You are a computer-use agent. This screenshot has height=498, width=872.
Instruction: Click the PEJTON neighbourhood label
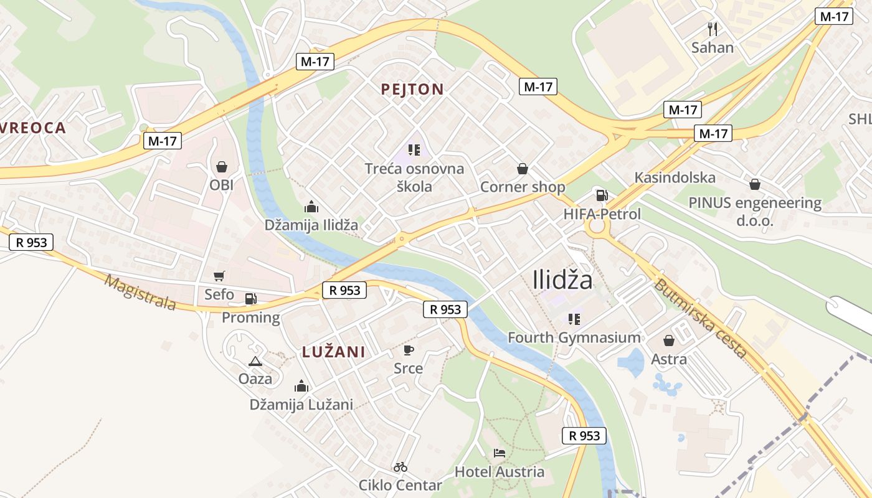412,90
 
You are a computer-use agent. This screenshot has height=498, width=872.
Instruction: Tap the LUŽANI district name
333,352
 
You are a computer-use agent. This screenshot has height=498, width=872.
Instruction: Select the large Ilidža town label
563,280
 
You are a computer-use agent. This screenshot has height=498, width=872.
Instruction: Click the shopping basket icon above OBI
221,167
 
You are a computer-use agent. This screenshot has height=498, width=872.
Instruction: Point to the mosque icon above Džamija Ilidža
311,207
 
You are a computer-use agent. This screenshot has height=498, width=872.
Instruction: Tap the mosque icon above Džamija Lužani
301,387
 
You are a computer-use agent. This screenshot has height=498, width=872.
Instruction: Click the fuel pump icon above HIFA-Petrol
602,195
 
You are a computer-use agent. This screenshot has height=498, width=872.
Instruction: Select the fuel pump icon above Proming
250,299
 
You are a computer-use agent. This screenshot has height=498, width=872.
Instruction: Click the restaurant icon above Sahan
713,29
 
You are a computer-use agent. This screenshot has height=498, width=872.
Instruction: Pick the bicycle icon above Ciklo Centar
400,467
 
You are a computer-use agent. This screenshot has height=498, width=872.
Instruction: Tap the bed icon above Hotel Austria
500,453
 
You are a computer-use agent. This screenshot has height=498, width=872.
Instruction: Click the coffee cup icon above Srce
408,350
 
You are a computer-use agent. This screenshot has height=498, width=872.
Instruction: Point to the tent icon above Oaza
255,361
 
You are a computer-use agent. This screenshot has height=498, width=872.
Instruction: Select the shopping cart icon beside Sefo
219,276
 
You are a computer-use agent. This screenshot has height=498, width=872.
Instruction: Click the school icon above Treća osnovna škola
414,149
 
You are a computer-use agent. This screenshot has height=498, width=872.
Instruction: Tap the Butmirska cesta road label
699,318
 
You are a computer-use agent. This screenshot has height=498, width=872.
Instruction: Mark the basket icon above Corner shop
523,169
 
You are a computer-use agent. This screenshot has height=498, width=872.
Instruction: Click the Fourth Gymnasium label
574,338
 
